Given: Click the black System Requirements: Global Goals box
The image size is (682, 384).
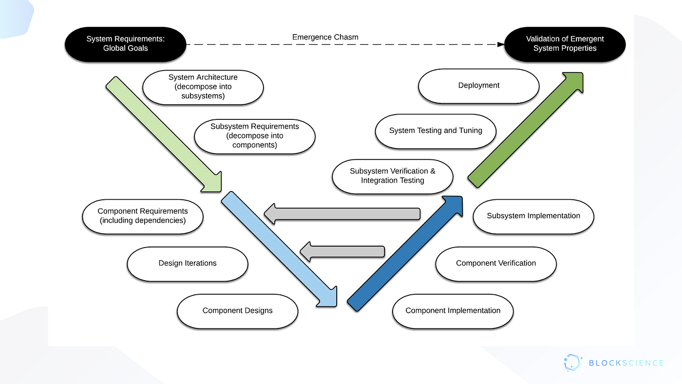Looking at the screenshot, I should [125, 44].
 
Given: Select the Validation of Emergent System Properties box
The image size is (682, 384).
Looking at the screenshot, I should [565, 44].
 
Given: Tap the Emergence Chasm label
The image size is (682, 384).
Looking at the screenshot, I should [325, 37].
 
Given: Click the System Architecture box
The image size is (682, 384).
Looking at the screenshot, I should [203, 87].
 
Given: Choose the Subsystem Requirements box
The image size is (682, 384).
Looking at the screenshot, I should [254, 135].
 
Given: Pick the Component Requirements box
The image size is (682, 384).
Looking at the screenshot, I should [142, 216].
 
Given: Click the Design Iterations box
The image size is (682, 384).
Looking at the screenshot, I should [188, 263].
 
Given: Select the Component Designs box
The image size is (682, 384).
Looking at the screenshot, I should [237, 311].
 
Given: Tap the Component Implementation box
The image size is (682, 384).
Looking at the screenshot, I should [453, 311].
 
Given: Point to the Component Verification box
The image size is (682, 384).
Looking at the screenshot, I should [495, 263].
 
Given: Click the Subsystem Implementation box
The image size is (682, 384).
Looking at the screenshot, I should [533, 216].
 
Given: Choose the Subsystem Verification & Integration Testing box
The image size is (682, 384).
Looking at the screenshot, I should [393, 176].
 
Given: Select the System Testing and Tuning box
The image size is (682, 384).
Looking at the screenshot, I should [436, 131].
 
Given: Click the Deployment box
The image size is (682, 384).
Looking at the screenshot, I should [478, 85].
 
